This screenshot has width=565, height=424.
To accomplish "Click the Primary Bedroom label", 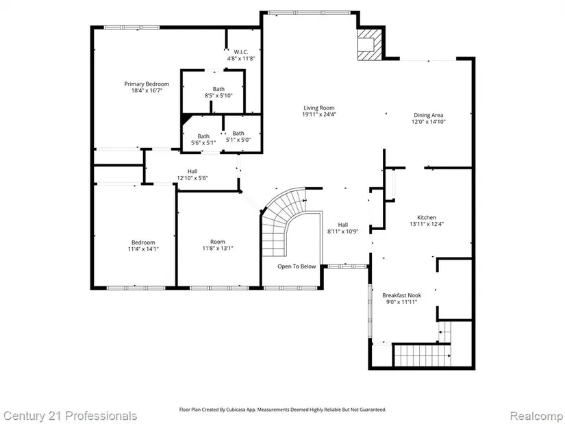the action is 147,84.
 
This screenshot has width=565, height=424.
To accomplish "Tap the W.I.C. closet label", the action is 240,52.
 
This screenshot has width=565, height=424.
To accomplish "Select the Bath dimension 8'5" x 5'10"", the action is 218,95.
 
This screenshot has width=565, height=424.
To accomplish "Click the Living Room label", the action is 319,108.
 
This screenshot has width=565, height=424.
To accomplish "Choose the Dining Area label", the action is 429,115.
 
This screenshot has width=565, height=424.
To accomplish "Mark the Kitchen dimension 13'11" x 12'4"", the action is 427,224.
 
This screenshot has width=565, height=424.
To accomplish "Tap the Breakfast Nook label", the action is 402,295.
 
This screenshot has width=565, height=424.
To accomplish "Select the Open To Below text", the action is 297,266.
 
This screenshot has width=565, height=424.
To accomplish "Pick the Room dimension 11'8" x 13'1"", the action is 218,248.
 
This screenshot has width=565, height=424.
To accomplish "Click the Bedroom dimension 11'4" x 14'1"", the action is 143,249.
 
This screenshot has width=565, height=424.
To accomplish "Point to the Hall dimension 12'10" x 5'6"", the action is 192,177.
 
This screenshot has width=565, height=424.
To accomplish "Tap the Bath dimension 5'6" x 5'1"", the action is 203,142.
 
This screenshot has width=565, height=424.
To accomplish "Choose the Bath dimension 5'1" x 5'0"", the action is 238,140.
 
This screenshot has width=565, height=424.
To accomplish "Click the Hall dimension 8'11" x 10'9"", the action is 342,232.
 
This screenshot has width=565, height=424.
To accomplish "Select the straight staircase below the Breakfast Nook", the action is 422,356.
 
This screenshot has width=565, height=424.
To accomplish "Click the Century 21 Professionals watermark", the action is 71,416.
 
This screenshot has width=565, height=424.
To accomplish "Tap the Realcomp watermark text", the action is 536,416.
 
